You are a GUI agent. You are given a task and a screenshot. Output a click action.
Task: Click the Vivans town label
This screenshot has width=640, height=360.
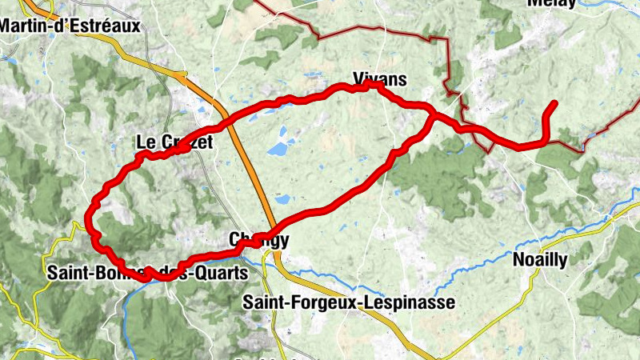tap(379, 79)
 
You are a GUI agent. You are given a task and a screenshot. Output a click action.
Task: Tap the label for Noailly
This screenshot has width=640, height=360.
tap(539, 260)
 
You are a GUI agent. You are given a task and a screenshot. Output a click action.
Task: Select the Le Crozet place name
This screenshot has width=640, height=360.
tap(174, 142)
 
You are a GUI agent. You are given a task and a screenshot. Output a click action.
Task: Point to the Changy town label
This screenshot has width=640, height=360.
tap(259, 240)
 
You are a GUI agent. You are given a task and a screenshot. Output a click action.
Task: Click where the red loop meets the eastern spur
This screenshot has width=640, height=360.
tap(433, 118)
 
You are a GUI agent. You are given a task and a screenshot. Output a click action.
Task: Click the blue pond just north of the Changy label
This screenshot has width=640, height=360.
tap(282, 199)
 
